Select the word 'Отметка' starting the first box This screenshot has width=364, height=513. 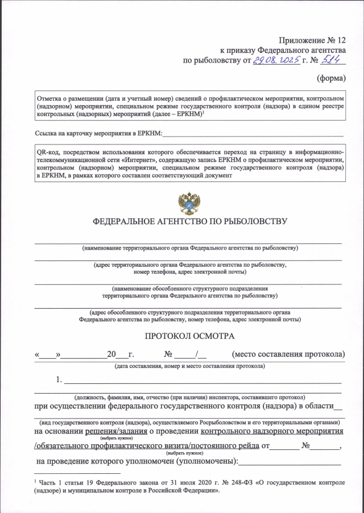49,98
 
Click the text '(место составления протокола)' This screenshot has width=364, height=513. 289,355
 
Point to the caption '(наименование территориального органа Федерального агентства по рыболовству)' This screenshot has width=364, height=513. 189,248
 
